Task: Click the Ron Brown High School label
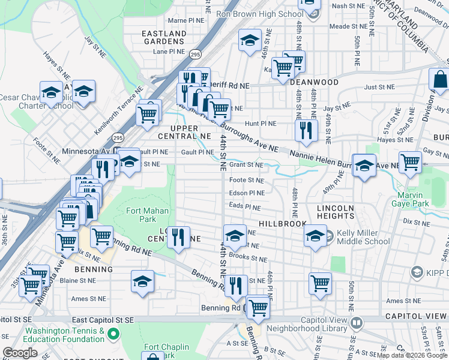coord(259,14)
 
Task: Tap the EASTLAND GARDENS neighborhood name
coord(163,37)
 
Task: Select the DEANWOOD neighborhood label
coord(314,82)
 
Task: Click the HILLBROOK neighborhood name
coord(283,223)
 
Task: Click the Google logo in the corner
coord(20,353)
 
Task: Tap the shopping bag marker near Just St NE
coord(440,80)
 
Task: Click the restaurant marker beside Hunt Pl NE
coord(306,131)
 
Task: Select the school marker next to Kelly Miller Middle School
coord(315,235)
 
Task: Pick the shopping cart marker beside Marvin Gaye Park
coord(410,162)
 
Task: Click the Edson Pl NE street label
coord(246,193)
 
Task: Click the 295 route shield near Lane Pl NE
coord(196,53)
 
